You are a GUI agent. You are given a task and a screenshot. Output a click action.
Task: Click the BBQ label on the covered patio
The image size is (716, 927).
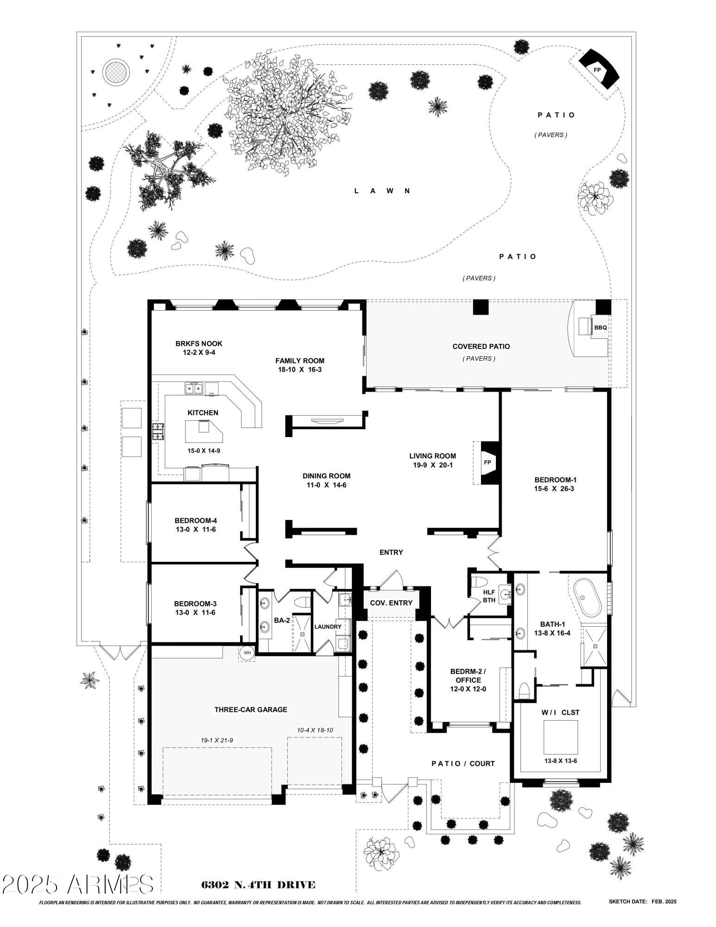[x=600, y=328]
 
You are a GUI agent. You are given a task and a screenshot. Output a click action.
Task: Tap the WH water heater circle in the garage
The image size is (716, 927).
[x=247, y=653]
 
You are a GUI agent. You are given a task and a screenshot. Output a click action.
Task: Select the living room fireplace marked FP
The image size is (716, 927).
[x=487, y=463]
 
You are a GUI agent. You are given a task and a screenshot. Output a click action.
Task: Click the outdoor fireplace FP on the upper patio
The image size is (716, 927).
[x=597, y=70]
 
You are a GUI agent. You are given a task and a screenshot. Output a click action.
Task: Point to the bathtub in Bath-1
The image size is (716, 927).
[x=588, y=597]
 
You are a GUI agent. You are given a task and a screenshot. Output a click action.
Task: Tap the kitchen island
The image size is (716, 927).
[x=203, y=431]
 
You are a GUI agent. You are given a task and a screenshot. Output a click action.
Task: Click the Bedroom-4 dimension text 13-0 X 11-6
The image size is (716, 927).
[x=196, y=529]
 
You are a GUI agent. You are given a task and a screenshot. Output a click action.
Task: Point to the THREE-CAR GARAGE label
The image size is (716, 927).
[x=251, y=710]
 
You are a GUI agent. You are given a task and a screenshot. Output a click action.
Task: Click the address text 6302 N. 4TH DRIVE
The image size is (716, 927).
[x=258, y=885]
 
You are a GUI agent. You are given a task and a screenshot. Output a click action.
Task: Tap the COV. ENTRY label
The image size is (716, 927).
[x=391, y=603]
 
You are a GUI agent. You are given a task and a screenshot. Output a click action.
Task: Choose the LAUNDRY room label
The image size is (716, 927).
[x=328, y=627]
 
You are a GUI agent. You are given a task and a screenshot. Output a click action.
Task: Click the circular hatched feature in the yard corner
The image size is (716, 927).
[x=116, y=72]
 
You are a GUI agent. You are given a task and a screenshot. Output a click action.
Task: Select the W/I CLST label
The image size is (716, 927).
[x=560, y=712]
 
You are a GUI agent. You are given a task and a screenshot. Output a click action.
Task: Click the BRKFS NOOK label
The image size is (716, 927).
[x=199, y=343]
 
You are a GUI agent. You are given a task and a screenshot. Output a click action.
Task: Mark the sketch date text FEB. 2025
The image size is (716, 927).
[x=664, y=902]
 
